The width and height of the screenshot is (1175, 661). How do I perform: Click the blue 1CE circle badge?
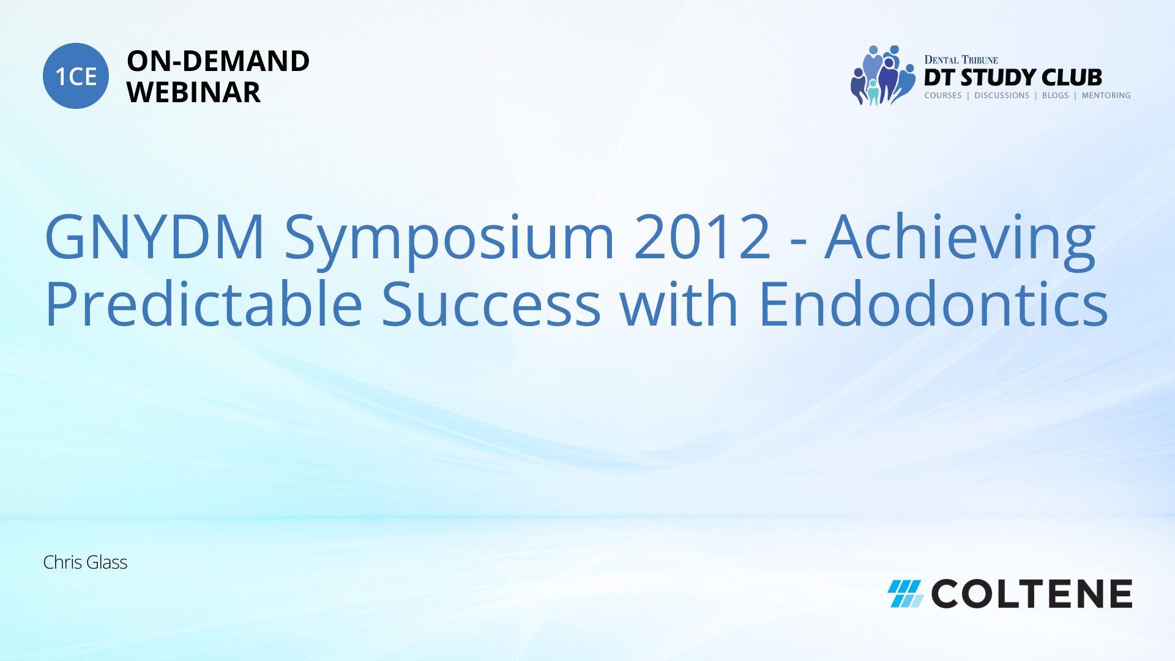[x=76, y=76]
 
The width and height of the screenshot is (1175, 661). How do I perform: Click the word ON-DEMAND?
[x=218, y=61]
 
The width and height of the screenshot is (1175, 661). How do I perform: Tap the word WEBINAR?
[x=193, y=92]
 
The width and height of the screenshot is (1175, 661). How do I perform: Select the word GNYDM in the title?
[x=154, y=237]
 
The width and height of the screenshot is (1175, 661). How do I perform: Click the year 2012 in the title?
[x=703, y=237]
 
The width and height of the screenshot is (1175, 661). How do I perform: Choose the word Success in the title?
[x=491, y=304]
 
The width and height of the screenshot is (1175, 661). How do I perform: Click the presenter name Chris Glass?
[x=85, y=562]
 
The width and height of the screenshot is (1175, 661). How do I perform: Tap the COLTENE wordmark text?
[x=1032, y=594]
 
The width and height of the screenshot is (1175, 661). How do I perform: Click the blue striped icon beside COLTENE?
[x=906, y=594]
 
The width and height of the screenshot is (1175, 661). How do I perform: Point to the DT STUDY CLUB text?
[x=1013, y=78]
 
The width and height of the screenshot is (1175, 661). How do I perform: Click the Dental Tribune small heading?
[x=961, y=60]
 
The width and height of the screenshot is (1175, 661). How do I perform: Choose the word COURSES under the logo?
[x=942, y=95]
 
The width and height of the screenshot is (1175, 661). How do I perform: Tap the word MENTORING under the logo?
[x=1106, y=95]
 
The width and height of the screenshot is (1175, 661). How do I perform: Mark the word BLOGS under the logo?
[x=1055, y=95]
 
